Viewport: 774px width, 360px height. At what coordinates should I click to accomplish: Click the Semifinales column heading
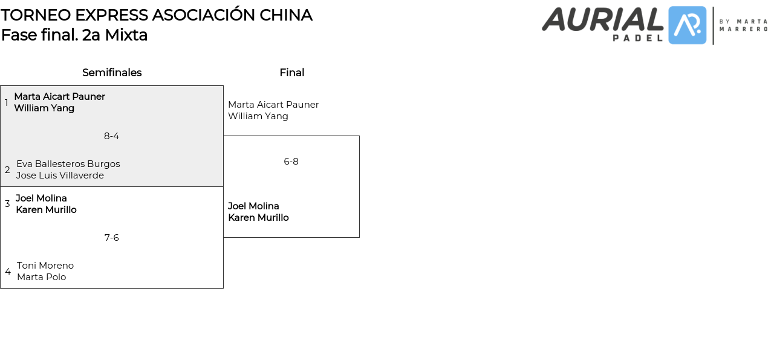112,73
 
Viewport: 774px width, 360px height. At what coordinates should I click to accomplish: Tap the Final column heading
291,73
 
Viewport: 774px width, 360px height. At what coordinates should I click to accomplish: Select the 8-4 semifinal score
111,136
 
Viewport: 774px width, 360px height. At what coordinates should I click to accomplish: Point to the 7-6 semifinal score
111,238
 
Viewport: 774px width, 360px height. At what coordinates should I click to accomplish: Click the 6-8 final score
291,162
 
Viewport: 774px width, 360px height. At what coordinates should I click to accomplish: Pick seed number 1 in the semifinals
7,103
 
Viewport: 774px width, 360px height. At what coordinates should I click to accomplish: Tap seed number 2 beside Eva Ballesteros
7,170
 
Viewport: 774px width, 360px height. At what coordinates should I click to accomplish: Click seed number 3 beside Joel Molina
7,204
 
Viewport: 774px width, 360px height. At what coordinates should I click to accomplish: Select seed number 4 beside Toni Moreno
7,272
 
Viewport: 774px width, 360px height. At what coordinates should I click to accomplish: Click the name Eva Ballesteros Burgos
68,164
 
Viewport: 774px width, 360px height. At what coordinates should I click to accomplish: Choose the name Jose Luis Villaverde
60,175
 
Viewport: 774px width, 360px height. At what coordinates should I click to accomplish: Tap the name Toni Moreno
45,266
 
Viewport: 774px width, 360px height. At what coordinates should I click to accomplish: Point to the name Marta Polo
41,277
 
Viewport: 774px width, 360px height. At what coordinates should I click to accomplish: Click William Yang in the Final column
258,116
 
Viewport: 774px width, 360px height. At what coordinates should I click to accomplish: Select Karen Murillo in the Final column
258,218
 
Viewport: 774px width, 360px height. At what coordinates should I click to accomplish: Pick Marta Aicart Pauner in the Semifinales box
59,97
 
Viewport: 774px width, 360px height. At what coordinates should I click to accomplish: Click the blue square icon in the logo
687,25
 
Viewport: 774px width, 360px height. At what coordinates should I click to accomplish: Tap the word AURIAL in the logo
602,19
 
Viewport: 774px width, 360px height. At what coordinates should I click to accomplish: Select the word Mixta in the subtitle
126,35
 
